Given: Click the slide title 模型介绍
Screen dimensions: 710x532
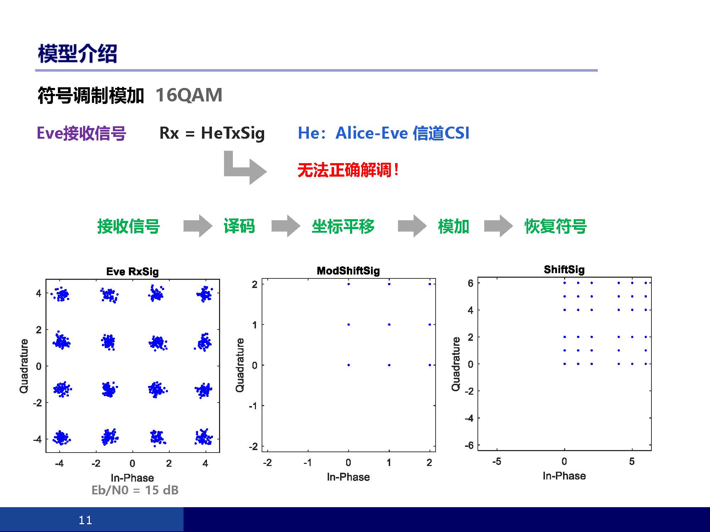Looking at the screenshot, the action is tap(77, 54).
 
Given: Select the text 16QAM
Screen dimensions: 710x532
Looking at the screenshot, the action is tap(189, 95).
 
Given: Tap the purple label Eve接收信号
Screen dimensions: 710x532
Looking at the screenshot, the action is tap(81, 134).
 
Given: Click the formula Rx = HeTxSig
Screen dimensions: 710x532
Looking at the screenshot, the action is tap(212, 133).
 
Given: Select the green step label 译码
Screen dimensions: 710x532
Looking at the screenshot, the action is tap(239, 226).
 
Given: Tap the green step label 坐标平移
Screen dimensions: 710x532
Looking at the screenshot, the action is tap(343, 226).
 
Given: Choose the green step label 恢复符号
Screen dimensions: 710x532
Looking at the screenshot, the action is tap(556, 226).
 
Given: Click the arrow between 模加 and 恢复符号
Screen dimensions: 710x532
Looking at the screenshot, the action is tap(498, 226).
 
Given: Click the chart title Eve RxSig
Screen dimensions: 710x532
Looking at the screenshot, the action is tap(132, 272).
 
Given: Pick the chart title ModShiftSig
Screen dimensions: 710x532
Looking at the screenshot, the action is tap(348, 271).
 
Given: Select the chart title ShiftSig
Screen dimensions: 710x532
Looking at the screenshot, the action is tap(564, 270).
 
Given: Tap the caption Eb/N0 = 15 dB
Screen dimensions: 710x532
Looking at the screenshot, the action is tap(135, 490).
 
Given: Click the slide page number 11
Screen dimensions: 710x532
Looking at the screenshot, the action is tap(85, 520).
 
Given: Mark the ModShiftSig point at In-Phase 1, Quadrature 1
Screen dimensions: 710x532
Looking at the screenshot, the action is tap(389, 325).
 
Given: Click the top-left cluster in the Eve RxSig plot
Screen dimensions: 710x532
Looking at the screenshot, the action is tap(61, 294).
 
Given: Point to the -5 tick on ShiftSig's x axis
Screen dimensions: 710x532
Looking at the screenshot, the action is tap(497, 461).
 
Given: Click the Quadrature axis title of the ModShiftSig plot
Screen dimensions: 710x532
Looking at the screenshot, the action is tap(240, 365).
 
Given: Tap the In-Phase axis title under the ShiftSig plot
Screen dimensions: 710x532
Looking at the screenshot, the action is tap(564, 476).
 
